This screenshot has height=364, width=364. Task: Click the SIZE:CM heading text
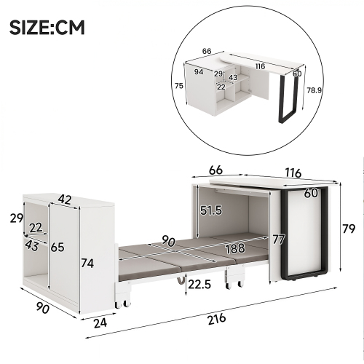tap(47, 28)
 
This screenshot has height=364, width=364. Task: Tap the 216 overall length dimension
tap(217, 319)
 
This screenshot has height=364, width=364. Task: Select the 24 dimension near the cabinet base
tap(100, 323)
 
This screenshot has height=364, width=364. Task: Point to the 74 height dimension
tap(87, 263)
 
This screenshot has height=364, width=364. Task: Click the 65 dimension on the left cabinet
tap(58, 248)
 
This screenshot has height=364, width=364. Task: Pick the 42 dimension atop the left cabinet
tap(65, 199)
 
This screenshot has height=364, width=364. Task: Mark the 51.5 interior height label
tap(211, 210)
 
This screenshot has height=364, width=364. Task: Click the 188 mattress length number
tap(235, 248)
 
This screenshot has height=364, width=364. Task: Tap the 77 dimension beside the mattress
tap(279, 240)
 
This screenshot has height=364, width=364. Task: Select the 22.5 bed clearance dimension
tap(199, 285)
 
